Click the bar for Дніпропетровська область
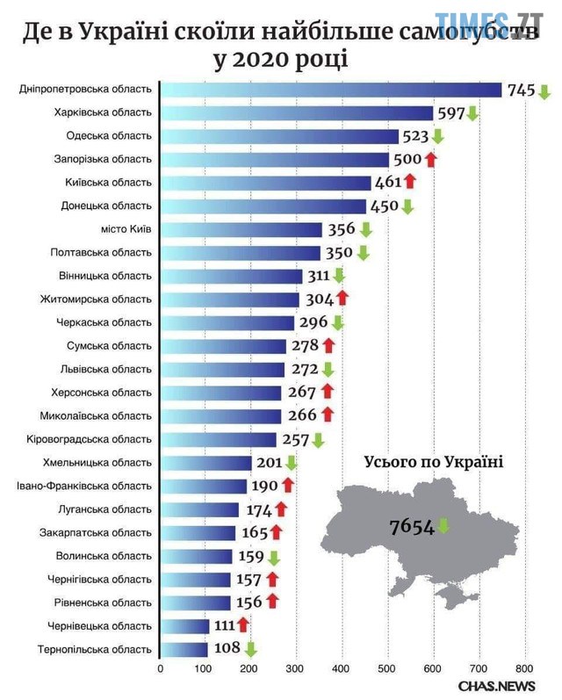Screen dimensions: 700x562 [330, 90]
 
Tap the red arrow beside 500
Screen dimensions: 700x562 [430, 159]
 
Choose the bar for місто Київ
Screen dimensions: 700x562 [241, 229]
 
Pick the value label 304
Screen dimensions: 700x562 [319, 298]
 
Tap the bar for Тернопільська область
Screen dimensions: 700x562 [184, 649]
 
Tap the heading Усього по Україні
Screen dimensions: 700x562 [434, 462]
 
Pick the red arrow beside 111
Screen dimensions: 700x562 [242, 624]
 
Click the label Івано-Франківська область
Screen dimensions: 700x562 [84, 486]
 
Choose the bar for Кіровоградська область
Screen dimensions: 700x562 [218, 439]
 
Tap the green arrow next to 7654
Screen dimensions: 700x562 [443, 526]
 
